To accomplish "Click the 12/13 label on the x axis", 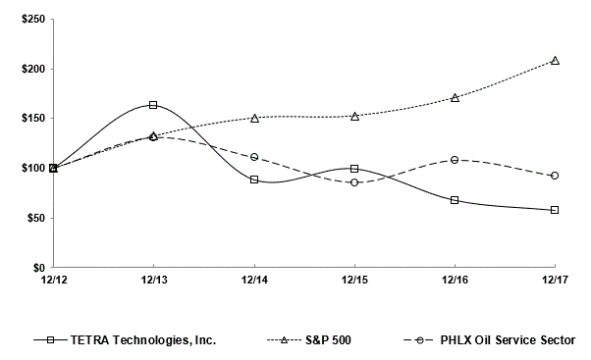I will (153, 282).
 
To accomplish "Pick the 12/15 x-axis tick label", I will (354, 282).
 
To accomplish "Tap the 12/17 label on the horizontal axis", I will (556, 282).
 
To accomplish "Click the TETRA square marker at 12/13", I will (153, 105).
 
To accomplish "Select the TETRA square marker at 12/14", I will (254, 180).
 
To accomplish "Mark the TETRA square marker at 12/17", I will (556, 210).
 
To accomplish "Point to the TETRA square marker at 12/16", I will (456, 200).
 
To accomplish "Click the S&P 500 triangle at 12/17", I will (556, 60).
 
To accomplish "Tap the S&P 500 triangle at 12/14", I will (254, 118).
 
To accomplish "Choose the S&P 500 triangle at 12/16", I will (456, 97).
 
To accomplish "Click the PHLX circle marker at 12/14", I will (254, 156).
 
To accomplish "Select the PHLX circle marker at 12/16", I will (456, 159).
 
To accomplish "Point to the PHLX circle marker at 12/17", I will (556, 176).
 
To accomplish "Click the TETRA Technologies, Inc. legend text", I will (143, 340).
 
